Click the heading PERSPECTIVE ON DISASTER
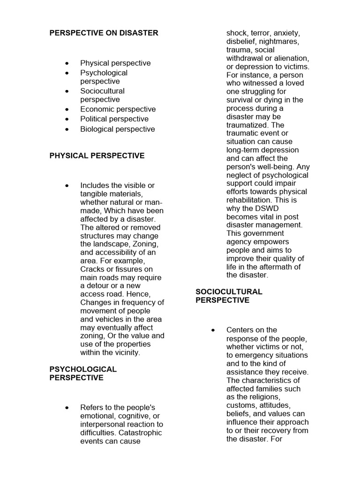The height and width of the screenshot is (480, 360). click(104, 33)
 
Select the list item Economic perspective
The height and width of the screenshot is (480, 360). click(118, 109)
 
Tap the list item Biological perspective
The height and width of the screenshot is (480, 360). click(117, 129)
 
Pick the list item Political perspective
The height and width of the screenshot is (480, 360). click(114, 119)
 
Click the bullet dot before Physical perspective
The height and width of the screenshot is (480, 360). click(68, 63)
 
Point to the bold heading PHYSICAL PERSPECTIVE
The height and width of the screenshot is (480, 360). click(97, 156)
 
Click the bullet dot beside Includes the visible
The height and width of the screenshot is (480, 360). click(68, 186)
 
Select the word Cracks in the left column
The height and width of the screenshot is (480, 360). click(93, 269)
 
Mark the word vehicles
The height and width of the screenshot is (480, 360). click(111, 320)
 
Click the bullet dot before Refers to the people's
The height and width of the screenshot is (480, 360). click(68, 408)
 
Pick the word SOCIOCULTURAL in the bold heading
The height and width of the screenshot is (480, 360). click(229, 292)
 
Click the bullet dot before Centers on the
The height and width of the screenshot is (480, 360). click(214, 330)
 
